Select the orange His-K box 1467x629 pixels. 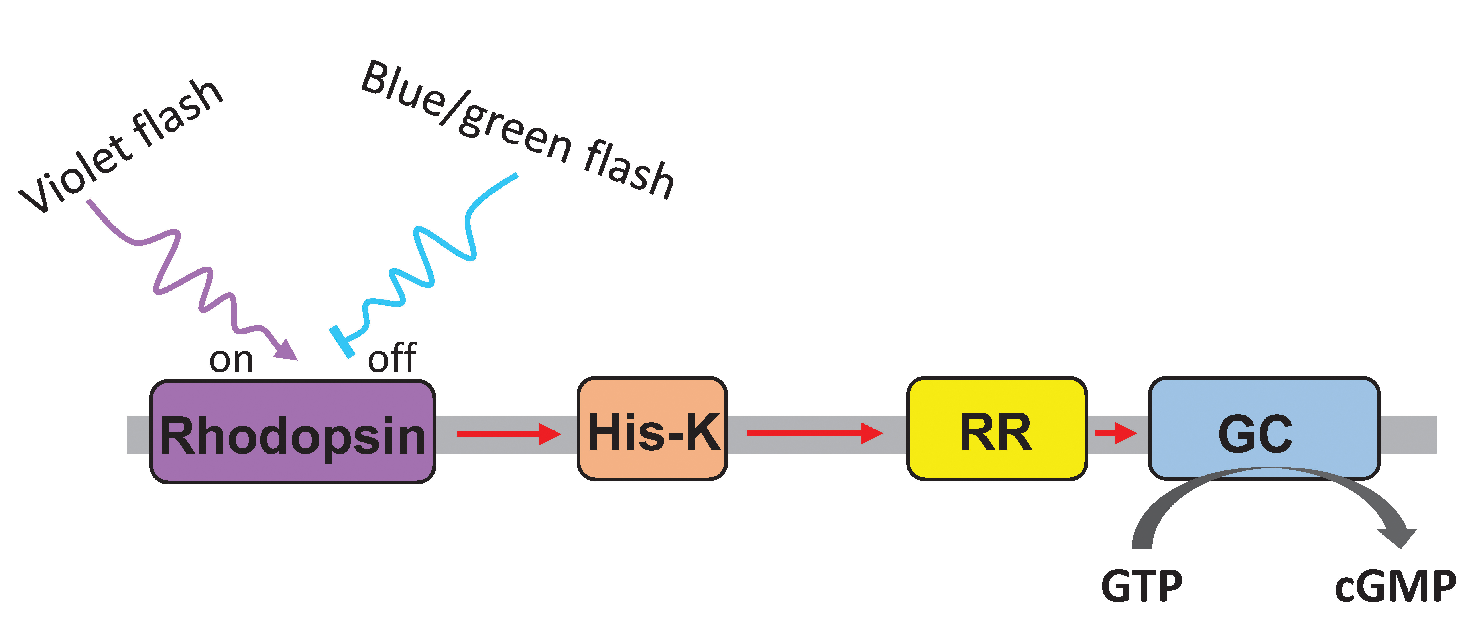(x=652, y=429)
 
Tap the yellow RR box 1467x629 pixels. (x=997, y=429)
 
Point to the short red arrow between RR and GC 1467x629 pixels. (x=1115, y=433)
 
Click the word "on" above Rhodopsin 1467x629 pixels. (x=231, y=360)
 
